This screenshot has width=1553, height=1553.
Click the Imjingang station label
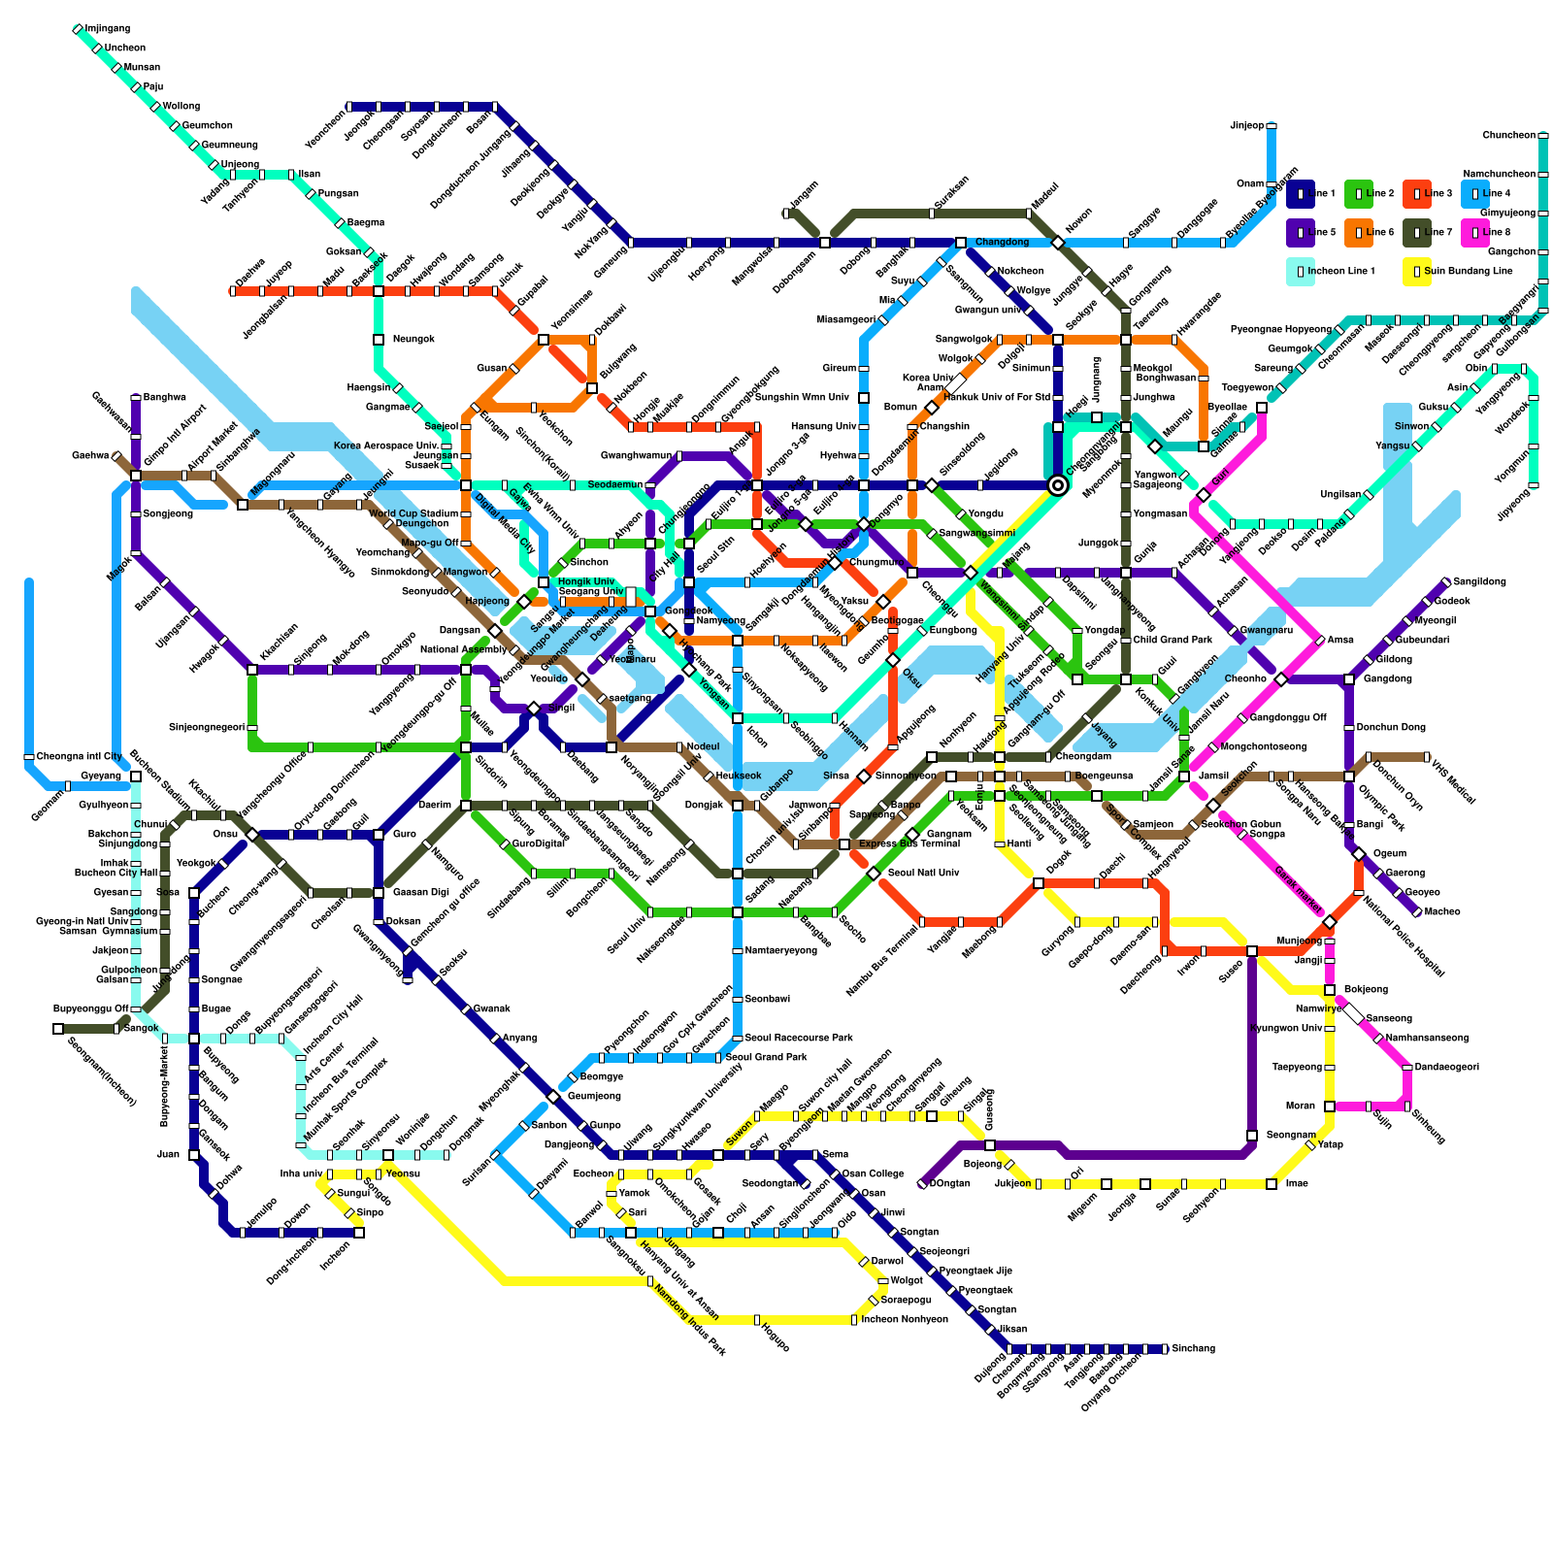(107, 29)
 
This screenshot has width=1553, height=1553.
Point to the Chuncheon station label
(1508, 136)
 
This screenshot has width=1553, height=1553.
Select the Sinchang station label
(1193, 1349)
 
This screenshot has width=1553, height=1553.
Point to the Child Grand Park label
(1173, 641)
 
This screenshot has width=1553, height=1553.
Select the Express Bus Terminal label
(909, 844)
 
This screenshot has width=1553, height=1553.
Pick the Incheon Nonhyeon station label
(904, 1320)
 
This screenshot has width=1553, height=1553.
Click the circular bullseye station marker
(1058, 485)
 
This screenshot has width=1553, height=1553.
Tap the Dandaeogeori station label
(1446, 1068)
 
